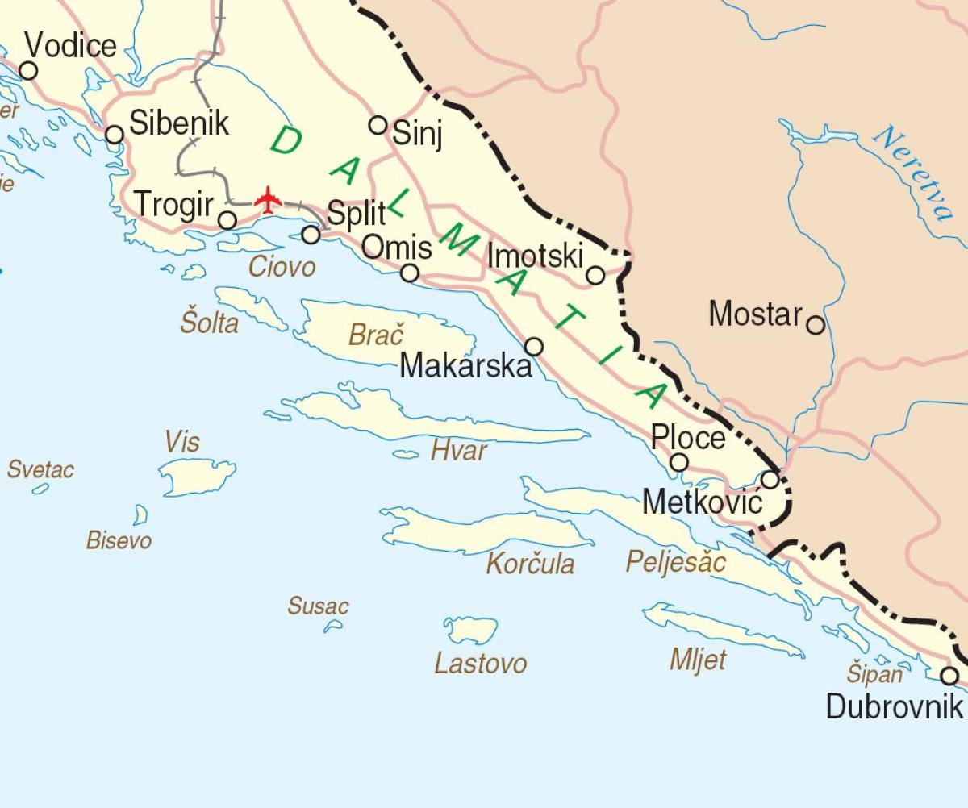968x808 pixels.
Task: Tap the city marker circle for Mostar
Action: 816,325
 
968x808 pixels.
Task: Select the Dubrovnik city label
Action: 894,707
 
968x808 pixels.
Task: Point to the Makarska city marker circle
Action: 534,347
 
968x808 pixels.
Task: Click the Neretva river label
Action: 913,173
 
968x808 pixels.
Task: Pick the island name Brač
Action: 376,335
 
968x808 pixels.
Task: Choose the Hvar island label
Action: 459,450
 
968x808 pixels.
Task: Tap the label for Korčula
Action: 530,564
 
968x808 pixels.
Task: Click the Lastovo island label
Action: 481,664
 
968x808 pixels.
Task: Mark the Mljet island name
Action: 698,660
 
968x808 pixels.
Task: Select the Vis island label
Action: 181,442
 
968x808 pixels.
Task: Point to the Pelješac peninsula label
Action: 676,562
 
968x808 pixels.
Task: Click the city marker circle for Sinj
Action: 378,125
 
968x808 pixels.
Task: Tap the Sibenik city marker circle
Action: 115,134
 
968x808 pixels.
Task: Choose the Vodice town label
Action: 70,45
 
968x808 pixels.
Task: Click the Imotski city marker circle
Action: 595,276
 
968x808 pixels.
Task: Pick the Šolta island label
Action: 210,323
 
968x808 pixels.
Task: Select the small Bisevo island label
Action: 119,540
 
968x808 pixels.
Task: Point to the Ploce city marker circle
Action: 680,462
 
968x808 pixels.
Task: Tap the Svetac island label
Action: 41,469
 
